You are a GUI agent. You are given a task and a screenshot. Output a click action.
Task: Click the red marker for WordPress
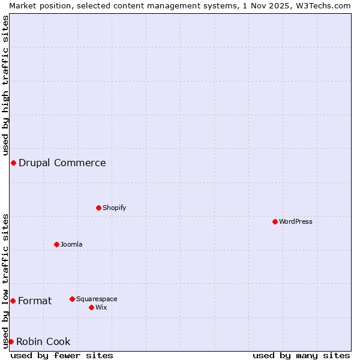[275, 221]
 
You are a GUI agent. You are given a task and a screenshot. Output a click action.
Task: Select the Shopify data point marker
[98, 208]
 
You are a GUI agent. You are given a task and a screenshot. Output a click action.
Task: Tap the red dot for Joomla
[56, 244]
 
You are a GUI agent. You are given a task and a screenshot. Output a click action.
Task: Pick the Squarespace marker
[72, 299]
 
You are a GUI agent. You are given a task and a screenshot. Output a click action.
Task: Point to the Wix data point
[91, 307]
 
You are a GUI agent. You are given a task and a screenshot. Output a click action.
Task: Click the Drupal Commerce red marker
[13, 163]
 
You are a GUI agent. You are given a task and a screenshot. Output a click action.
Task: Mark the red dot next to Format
[13, 301]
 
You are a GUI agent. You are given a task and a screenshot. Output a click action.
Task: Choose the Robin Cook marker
[11, 341]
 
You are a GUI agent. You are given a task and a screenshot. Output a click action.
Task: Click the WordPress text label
[296, 221]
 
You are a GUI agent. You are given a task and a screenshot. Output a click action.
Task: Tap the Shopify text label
[114, 208]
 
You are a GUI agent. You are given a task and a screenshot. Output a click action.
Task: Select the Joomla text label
[71, 244]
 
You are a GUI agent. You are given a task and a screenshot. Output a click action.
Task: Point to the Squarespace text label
[97, 299]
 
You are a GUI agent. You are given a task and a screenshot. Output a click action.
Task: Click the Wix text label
[101, 307]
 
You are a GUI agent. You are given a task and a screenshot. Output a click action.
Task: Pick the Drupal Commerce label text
[62, 163]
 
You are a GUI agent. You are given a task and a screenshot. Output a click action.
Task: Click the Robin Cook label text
[43, 341]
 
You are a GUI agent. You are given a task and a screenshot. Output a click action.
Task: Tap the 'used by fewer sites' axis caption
[62, 355]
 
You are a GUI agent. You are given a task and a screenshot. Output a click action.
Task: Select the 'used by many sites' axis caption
[301, 355]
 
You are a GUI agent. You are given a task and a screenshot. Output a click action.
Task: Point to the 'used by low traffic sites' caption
[5, 281]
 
